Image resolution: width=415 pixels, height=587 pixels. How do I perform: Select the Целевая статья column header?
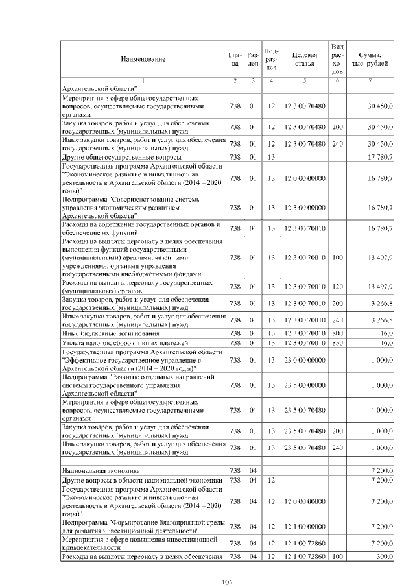304,59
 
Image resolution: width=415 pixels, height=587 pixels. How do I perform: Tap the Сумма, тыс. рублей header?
369,59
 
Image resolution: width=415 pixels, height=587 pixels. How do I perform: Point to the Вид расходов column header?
337,59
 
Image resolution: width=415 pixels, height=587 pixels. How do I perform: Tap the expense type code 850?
337,342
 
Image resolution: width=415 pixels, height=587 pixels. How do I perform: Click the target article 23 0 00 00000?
304,359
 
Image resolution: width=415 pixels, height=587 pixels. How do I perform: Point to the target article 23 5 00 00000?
304,385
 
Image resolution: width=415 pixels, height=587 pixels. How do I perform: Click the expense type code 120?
337,287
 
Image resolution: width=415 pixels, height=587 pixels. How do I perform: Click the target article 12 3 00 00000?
304,207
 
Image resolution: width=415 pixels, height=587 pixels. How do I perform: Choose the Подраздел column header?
272,59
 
